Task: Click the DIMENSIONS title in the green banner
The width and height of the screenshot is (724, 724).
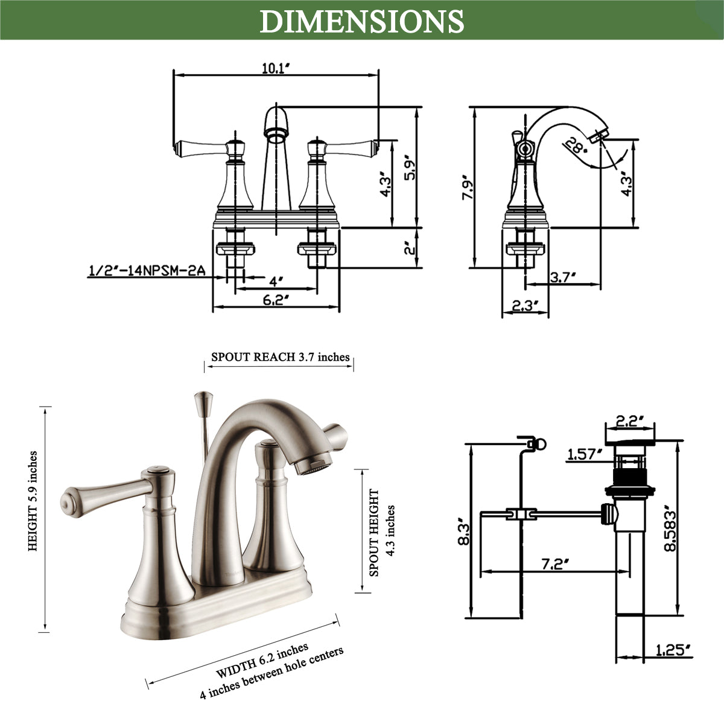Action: coord(362,21)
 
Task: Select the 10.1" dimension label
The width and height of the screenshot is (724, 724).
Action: coord(276,68)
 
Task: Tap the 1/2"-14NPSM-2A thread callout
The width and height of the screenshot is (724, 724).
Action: coord(147,271)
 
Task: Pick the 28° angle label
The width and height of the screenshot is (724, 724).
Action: coord(574,145)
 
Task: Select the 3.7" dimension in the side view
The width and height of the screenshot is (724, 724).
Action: coord(563,277)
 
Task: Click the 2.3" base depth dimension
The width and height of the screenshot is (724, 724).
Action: coord(525,306)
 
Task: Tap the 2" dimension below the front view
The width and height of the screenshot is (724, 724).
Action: coord(410,248)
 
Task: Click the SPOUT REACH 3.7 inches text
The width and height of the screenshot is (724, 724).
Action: coord(280,357)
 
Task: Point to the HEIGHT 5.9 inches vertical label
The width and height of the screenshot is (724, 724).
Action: coord(33,501)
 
